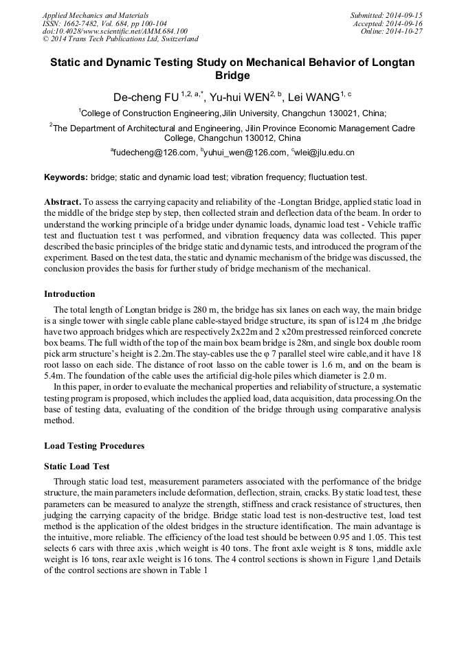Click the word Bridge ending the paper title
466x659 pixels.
(232, 76)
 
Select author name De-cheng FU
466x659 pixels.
(142, 97)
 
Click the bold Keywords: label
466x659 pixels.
(66, 177)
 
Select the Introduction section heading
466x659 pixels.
(69, 294)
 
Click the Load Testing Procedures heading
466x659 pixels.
(94, 446)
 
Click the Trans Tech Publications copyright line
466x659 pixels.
(120, 40)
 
